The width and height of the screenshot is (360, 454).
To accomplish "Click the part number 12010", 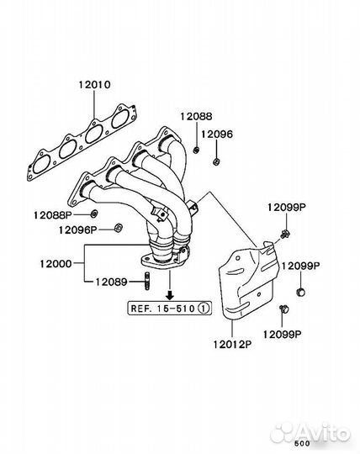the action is click(x=94, y=85).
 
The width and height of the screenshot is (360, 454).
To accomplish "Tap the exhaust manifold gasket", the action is click(x=82, y=142).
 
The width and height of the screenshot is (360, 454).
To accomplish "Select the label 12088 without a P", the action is click(x=196, y=116).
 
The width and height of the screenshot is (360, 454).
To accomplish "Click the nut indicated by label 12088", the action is click(x=196, y=150).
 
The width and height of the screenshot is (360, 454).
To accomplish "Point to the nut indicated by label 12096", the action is click(x=216, y=161).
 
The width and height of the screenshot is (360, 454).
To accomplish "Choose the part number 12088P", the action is click(x=53, y=215).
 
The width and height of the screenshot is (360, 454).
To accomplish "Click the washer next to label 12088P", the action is click(x=94, y=214).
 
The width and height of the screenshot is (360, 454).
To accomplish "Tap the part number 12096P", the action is click(x=77, y=230).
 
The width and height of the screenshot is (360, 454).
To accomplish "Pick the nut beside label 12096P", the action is click(x=118, y=228).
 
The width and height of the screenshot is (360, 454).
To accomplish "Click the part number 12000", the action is click(x=56, y=264).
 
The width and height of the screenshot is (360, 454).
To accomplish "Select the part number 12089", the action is click(x=112, y=282).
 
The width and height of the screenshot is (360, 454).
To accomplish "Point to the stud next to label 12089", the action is click(x=147, y=281).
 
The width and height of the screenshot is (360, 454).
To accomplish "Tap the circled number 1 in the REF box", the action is click(x=204, y=308).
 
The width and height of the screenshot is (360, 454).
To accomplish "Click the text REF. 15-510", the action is click(x=163, y=309).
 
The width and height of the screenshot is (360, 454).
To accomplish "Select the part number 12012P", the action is click(x=232, y=345).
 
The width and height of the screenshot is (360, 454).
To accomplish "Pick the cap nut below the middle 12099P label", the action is click(x=300, y=292).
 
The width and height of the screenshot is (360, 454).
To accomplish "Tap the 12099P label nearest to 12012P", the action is click(x=282, y=335).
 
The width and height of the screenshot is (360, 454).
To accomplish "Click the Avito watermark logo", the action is click(x=310, y=433).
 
